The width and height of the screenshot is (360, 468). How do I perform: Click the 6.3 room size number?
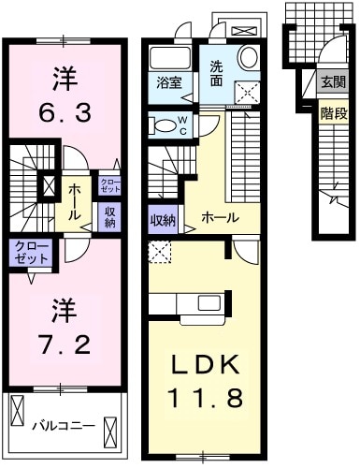point(65,115)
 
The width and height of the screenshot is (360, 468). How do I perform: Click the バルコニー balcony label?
point(64,426)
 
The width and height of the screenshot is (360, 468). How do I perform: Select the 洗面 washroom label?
point(216,72)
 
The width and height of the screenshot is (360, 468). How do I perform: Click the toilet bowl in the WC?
point(165,124)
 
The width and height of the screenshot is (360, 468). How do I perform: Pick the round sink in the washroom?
point(248,59)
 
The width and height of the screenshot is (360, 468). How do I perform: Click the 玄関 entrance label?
point(332,83)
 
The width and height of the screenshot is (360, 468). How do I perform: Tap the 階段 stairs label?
point(332,114)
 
